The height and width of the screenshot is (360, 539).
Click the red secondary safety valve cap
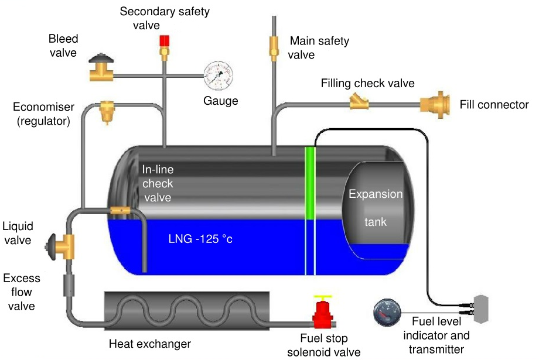point(165,40)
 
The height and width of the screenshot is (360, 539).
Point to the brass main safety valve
point(274,47)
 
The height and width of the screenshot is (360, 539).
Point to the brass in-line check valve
point(120,210)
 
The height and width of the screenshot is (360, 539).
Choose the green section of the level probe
point(310,183)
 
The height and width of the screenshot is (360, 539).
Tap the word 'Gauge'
point(221,101)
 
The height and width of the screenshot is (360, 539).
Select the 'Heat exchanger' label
point(150,344)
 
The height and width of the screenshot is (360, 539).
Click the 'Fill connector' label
point(494,105)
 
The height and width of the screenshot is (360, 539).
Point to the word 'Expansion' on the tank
point(376,194)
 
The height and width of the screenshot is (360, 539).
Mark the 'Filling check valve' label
point(367,83)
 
